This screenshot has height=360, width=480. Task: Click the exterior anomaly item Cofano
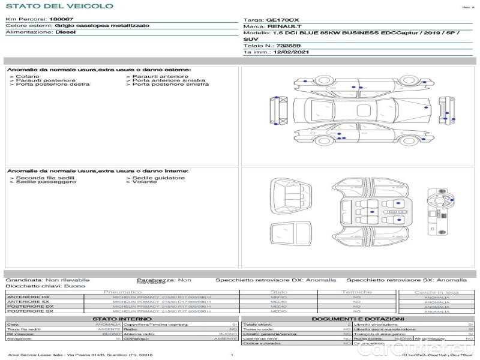point(28,77)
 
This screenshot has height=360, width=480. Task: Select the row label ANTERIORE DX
point(25,298)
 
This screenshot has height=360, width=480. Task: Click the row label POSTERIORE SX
point(25,311)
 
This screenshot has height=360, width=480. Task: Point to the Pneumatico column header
point(122,292)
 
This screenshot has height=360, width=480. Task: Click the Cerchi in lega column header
point(436,292)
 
